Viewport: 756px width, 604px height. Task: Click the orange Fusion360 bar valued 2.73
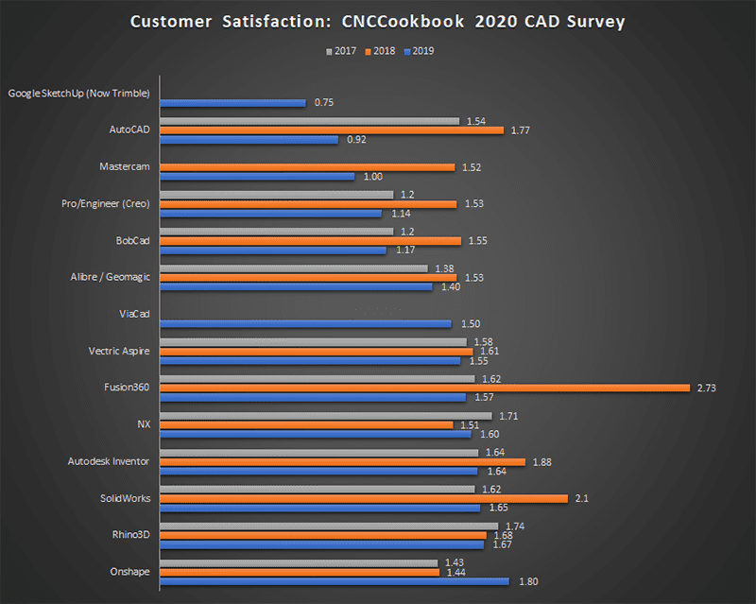click(424, 388)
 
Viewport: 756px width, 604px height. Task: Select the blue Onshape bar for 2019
click(335, 581)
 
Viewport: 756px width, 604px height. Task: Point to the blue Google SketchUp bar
click(232, 102)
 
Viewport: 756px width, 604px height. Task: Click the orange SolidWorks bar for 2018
click(364, 498)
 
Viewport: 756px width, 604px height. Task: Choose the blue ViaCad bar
click(305, 323)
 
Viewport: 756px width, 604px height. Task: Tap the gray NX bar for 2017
click(325, 415)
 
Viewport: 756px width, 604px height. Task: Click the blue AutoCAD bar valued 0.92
click(249, 140)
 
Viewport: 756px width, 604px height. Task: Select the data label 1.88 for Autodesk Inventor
click(542, 462)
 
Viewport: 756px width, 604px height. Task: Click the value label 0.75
click(324, 102)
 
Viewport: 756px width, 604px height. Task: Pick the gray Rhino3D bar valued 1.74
click(329, 526)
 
